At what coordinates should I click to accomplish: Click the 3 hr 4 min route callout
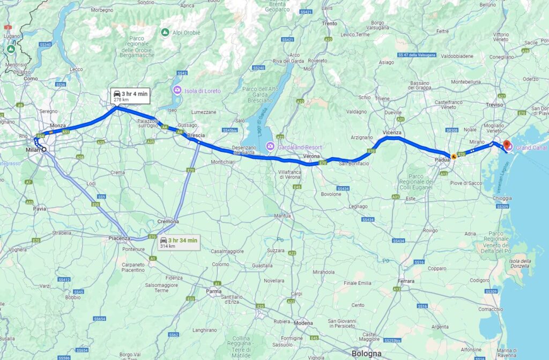pyautogui.click(x=130, y=96)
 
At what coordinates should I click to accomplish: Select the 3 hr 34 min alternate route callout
pyautogui.click(x=179, y=243)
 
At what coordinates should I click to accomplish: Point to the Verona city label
pyautogui.click(x=311, y=156)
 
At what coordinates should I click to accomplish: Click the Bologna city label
pyautogui.click(x=367, y=354)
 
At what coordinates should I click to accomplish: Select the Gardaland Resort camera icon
pyautogui.click(x=271, y=146)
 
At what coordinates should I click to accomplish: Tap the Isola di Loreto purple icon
pyautogui.click(x=177, y=91)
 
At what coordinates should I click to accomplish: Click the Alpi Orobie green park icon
pyautogui.click(x=165, y=32)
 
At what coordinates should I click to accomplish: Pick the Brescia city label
pyautogui.click(x=196, y=135)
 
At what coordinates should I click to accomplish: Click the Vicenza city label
pyautogui.click(x=392, y=132)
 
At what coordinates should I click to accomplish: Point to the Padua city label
pyautogui.click(x=442, y=159)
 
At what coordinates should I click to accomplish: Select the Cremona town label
pyautogui.click(x=168, y=222)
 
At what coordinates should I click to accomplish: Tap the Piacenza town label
pyautogui.click(x=119, y=238)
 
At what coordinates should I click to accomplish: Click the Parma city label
pyautogui.click(x=214, y=291)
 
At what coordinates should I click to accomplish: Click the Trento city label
pyautogui.click(x=329, y=24)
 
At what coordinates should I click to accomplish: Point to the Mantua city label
pyautogui.click(x=282, y=216)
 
